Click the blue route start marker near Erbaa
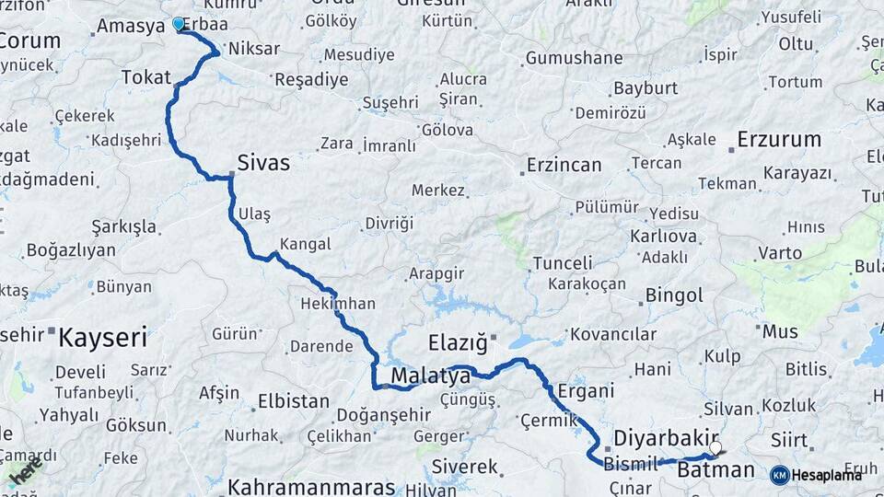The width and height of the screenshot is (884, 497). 179,24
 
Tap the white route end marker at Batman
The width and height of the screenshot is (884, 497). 715,448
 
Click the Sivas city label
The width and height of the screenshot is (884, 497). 263,164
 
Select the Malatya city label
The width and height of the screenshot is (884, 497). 430,376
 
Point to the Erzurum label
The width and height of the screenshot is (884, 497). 779,140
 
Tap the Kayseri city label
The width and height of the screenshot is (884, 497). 102,337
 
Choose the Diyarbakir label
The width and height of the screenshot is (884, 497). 666,436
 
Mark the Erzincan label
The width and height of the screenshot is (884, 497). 564,166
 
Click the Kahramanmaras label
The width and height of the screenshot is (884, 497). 311,487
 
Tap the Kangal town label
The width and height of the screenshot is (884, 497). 305,245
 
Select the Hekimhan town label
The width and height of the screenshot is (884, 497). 338,303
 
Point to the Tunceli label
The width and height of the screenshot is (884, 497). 562,264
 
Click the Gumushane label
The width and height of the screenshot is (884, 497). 574,58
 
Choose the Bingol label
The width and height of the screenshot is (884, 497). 674,295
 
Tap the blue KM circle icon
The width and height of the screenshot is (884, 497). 779,475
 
